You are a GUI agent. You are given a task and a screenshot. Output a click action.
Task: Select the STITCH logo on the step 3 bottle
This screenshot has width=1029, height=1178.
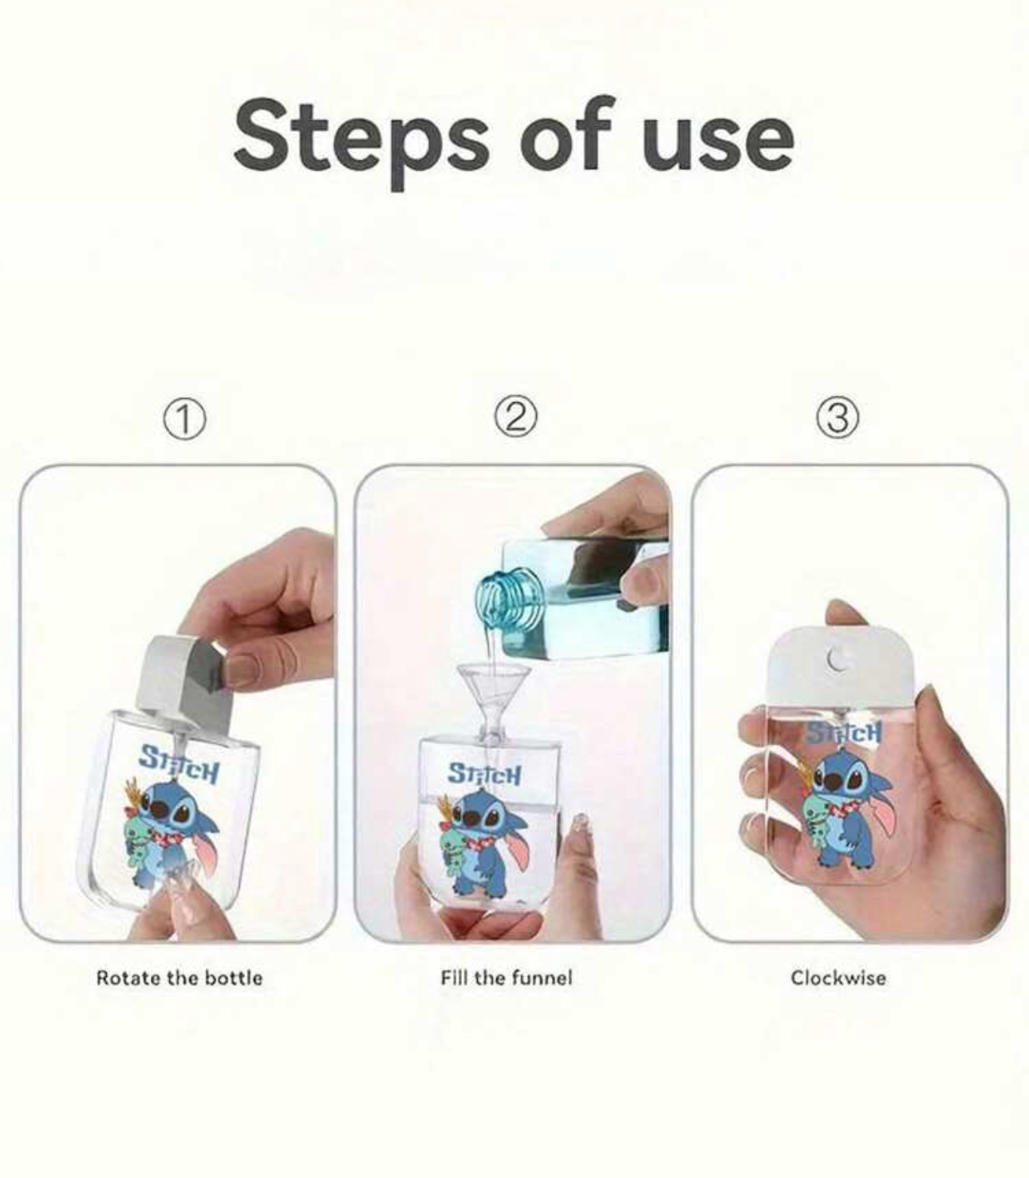[x=844, y=734]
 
